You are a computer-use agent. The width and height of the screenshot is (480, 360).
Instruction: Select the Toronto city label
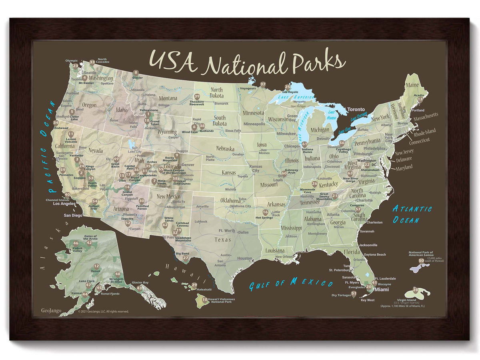356,110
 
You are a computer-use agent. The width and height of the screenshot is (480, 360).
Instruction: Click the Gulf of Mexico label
291,284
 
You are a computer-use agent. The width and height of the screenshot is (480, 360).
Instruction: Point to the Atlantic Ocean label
412,214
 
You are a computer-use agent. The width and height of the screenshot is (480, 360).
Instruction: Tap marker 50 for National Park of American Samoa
421,261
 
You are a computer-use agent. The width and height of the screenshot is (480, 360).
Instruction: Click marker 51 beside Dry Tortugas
354,294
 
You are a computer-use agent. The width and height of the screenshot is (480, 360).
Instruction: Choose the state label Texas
223,240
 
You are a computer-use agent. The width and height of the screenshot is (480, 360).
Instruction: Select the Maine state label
412,85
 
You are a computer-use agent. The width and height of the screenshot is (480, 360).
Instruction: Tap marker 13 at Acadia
420,99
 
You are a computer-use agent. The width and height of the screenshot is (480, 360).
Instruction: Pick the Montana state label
168,98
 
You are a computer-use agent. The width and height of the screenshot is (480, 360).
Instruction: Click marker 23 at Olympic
76,66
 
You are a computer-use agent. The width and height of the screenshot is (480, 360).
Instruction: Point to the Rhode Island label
424,131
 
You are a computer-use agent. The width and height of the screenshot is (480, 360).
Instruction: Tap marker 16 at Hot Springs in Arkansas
265,212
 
